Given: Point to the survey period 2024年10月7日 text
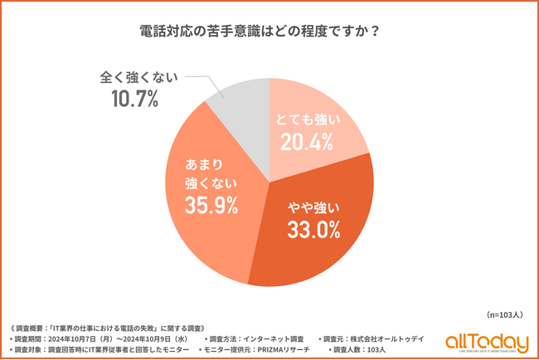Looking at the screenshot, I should (x=107, y=338).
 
